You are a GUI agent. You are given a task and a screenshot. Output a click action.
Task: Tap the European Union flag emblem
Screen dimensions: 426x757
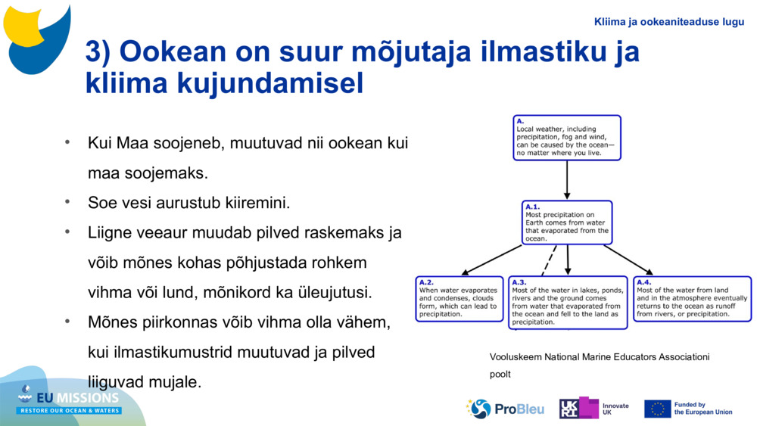657,409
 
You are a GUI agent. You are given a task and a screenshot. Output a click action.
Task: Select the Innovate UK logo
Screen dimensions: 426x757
593,409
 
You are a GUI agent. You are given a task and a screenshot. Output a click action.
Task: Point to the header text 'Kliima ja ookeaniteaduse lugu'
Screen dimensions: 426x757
669,22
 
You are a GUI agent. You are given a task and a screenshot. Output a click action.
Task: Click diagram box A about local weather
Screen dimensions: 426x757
566,138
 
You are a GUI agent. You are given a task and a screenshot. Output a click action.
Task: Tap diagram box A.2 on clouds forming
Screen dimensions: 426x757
459,299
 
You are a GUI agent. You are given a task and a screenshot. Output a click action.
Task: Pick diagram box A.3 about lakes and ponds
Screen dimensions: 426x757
568,303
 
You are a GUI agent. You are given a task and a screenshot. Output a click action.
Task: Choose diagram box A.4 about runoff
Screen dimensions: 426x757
692,299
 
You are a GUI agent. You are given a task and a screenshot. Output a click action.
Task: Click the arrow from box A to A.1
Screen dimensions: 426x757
567,180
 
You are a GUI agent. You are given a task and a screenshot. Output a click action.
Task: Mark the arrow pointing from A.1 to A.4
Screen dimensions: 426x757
628,260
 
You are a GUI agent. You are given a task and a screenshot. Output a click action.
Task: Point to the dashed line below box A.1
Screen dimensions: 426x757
549,261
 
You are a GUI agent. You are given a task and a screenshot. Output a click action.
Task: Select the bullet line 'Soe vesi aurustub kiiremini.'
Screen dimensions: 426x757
189,203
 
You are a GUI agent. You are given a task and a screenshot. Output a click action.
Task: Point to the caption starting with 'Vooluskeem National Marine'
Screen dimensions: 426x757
600,357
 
